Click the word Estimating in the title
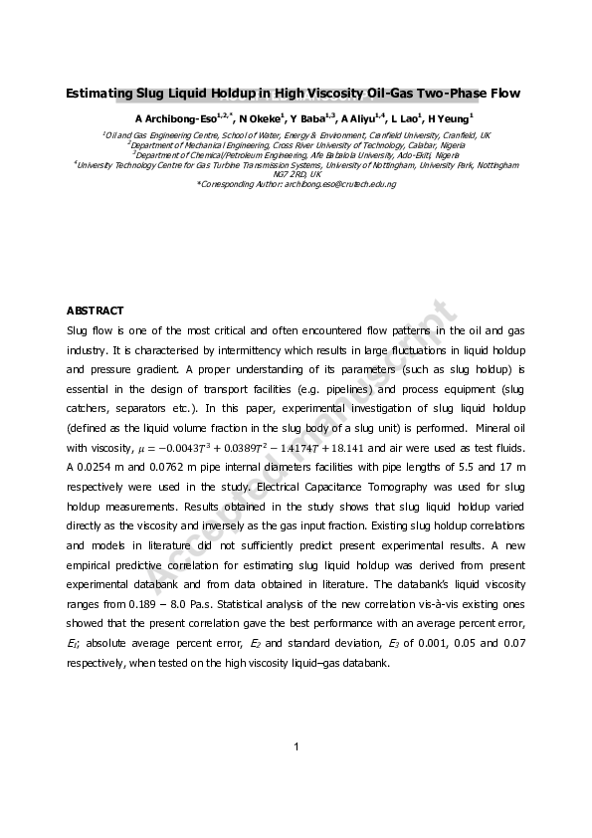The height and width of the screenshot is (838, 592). pos(99,95)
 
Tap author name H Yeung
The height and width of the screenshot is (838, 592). pos(447,119)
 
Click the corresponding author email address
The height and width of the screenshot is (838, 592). pos(339,184)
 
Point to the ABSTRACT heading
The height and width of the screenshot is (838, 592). pos(95,311)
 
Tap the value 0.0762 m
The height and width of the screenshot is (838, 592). pos(173,469)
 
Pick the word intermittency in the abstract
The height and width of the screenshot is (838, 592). pos(241,350)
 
